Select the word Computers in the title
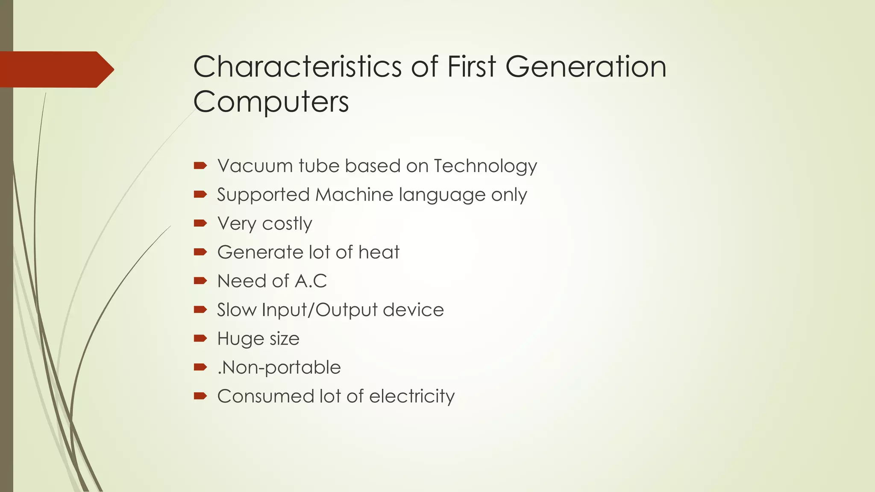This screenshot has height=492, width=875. tap(271, 102)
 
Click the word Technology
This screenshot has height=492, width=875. tap(485, 167)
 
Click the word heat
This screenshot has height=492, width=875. tap(379, 252)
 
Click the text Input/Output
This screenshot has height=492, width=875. tap(320, 310)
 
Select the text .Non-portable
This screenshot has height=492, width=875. tap(279, 367)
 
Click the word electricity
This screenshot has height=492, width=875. tap(412, 396)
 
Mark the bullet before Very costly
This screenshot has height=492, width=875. tap(200, 223)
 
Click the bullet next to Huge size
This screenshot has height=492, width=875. tap(200, 338)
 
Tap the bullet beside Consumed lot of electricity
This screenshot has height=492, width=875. tap(200, 396)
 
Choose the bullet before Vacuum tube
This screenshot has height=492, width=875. tap(200, 165)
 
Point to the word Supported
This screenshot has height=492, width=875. tap(263, 195)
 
